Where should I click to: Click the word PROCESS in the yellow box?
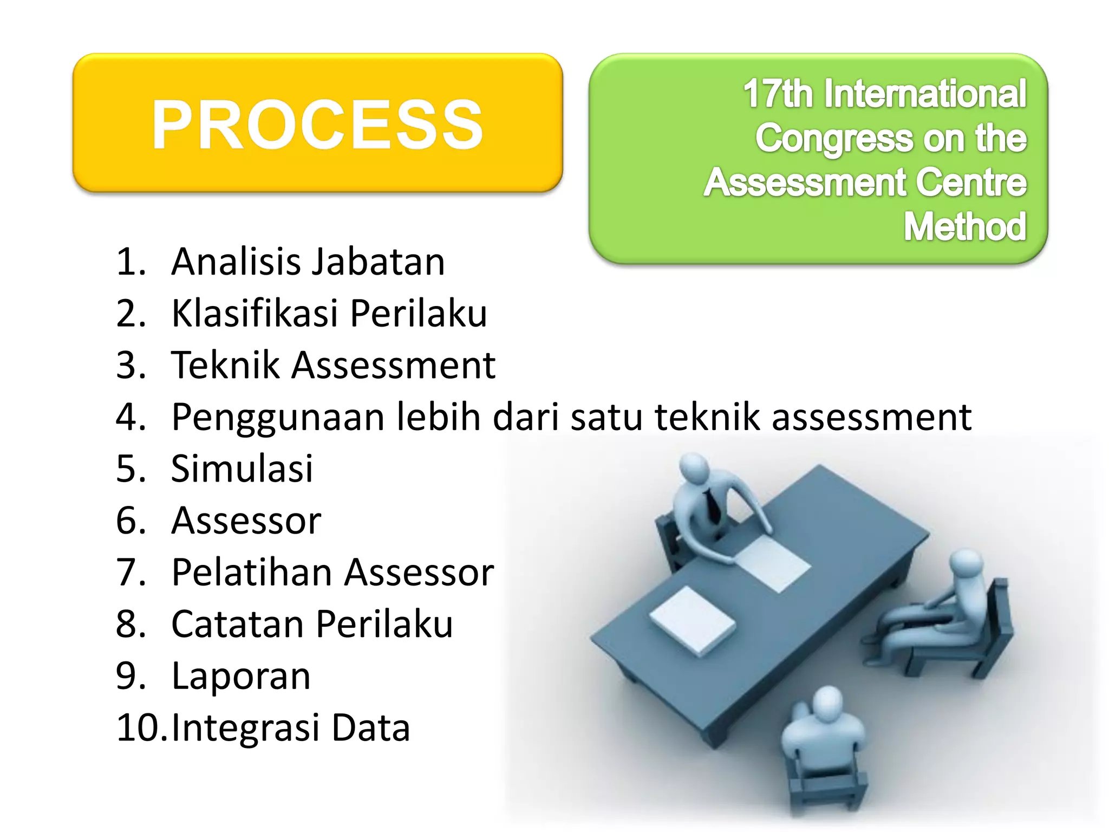click(317, 126)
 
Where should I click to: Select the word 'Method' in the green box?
click(965, 226)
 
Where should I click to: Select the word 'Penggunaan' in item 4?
click(278, 417)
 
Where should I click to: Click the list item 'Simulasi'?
click(242, 468)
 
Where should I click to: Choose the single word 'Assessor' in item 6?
click(246, 521)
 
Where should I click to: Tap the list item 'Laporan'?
click(241, 675)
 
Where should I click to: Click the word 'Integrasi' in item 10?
click(245, 727)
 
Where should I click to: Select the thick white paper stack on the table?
click(693, 620)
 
